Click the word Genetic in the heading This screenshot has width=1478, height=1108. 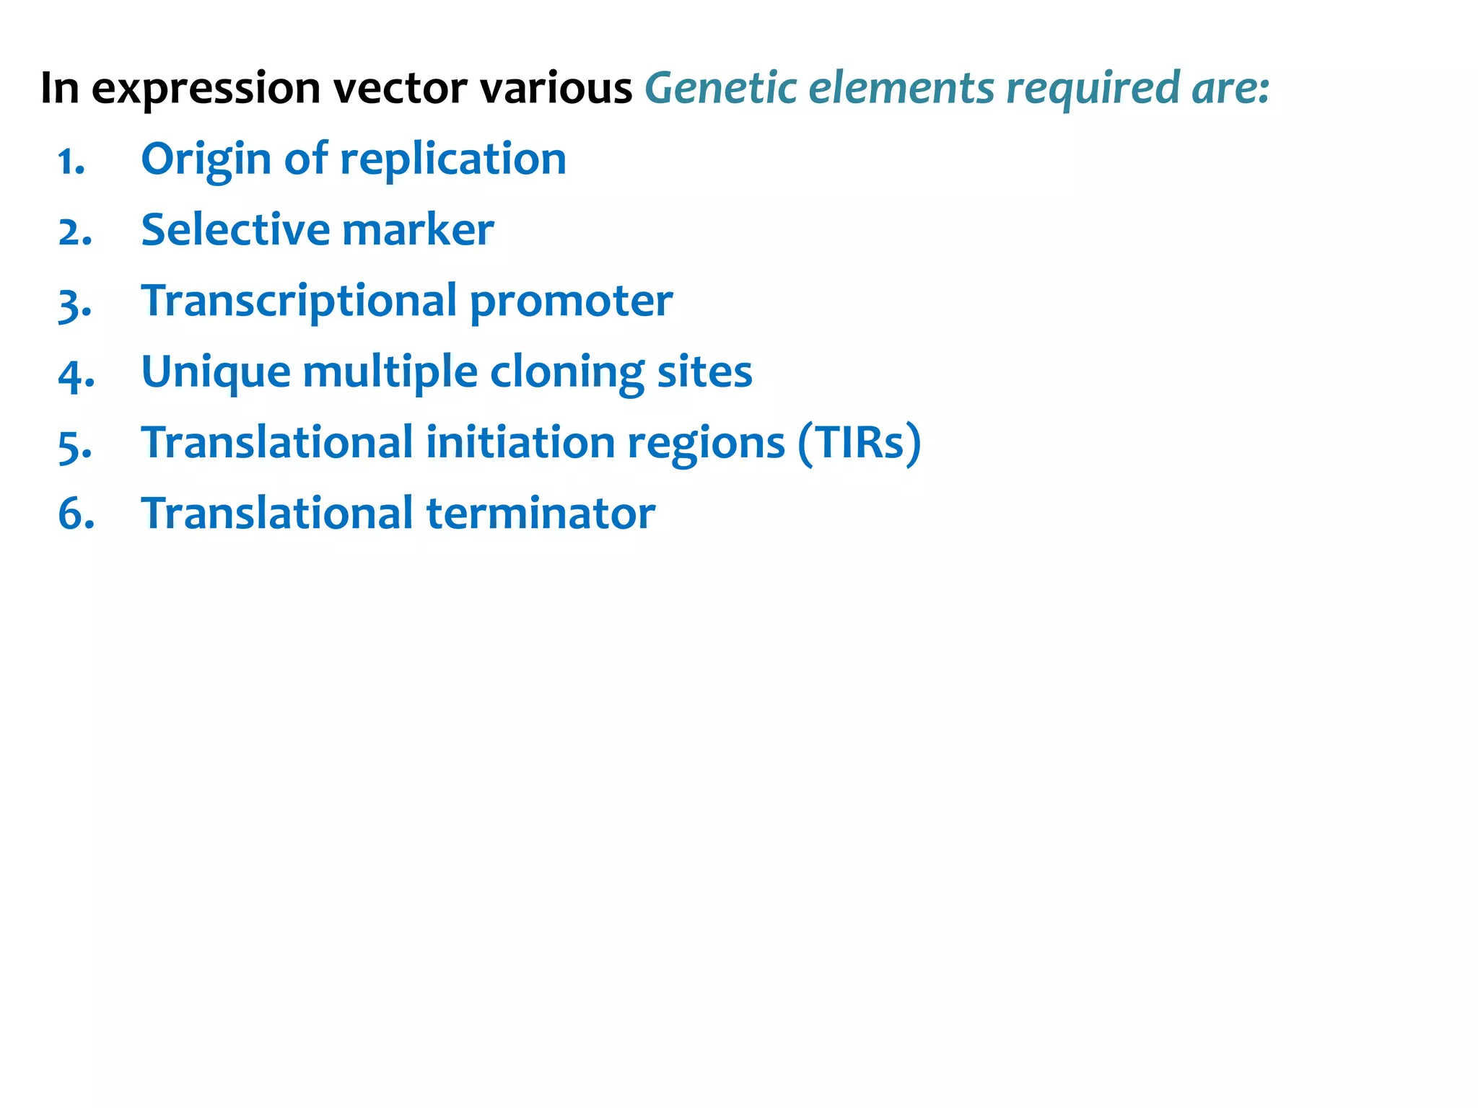pyautogui.click(x=720, y=88)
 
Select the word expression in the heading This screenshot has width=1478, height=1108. pyautogui.click(x=206, y=89)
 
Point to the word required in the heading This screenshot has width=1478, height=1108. pyautogui.click(x=1092, y=88)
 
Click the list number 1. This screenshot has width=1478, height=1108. pyautogui.click(x=71, y=162)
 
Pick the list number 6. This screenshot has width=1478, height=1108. pyautogui.click(x=76, y=515)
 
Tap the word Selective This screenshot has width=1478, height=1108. pyautogui.click(x=235, y=230)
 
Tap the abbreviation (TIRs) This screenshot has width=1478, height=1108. pyautogui.click(x=859, y=443)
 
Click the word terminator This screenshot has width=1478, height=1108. pyautogui.click(x=541, y=514)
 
